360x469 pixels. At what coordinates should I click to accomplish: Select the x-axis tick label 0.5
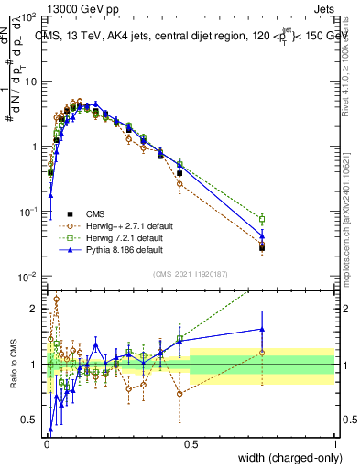tap(190, 443)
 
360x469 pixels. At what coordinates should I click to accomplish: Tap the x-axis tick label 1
tap(334, 443)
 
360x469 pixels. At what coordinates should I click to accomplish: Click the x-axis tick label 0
tap(46, 443)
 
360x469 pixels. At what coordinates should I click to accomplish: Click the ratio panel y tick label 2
tap(35, 309)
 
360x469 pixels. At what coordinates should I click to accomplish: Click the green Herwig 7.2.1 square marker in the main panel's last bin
tap(262, 219)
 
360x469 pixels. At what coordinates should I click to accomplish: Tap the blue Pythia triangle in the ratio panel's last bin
tap(262, 329)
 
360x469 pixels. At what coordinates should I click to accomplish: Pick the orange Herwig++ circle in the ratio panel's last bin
tap(262, 352)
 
